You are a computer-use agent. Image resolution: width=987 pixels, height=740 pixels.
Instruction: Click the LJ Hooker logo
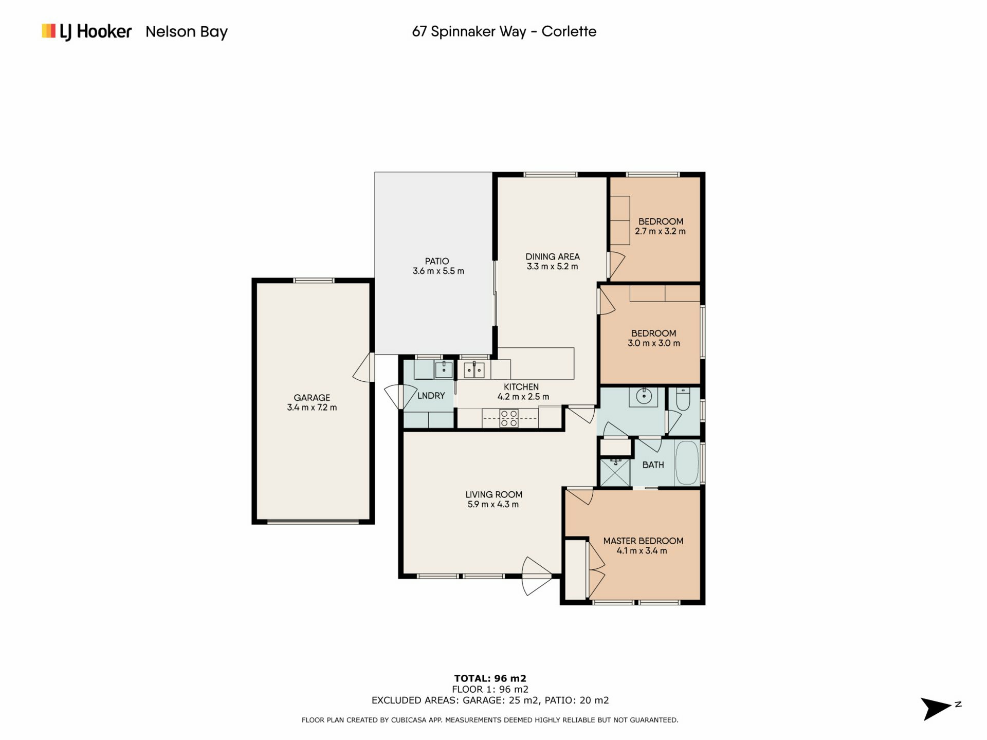click(86, 31)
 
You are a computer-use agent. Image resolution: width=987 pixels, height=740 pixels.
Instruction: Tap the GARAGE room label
click(312, 398)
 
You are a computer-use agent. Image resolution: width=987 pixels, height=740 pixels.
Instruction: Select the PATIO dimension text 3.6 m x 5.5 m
click(438, 271)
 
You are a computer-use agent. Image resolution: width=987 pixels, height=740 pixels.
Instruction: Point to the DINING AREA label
click(553, 256)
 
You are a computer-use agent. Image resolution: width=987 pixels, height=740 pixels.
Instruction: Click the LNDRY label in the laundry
click(431, 396)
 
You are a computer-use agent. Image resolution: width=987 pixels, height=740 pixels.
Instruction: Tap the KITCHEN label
click(521, 387)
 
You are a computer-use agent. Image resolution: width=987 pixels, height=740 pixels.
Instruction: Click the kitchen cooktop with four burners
click(509, 418)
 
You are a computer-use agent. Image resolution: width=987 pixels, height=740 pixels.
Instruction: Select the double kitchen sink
click(474, 370)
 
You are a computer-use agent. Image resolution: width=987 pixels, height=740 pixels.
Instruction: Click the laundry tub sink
click(444, 369)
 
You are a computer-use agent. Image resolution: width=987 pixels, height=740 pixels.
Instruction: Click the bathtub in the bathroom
click(687, 462)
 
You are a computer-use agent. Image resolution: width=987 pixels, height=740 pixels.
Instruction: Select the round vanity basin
click(644, 397)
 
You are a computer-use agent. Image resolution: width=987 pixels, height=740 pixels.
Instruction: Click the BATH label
click(653, 465)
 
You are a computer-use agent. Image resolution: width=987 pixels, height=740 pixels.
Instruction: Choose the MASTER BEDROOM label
click(643, 541)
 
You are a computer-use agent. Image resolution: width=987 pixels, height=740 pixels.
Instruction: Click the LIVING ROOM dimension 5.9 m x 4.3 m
click(493, 505)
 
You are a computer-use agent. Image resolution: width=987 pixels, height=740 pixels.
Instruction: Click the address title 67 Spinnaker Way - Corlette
click(504, 31)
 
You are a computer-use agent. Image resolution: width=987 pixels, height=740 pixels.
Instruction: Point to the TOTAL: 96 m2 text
click(490, 678)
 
